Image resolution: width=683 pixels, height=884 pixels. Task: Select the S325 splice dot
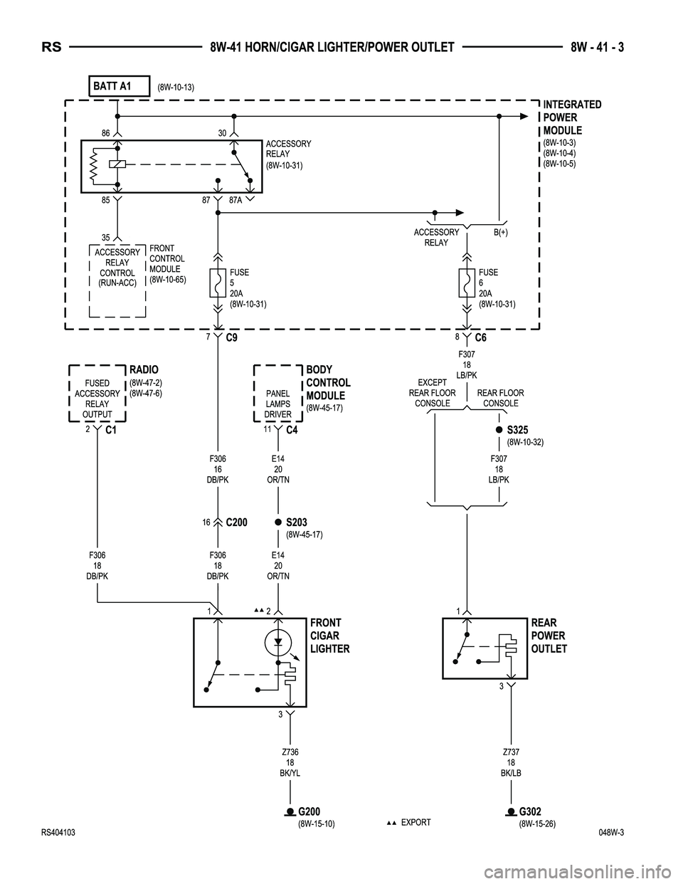(x=499, y=430)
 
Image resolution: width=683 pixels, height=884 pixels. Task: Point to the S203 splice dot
(x=278, y=522)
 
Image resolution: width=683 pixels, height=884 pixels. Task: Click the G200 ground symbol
(x=290, y=812)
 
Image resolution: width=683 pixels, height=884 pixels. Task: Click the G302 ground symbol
(x=510, y=812)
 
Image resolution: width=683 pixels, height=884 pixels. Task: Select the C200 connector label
(x=236, y=522)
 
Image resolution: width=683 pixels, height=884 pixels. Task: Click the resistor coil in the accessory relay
(x=92, y=165)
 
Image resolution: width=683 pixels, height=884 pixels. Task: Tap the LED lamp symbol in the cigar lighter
(x=278, y=642)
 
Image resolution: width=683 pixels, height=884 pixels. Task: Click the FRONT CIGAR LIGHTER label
(x=329, y=636)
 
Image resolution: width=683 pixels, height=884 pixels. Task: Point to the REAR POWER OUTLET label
(x=549, y=636)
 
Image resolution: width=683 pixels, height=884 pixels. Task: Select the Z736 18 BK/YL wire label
(x=290, y=760)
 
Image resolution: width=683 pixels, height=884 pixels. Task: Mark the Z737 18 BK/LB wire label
(x=510, y=760)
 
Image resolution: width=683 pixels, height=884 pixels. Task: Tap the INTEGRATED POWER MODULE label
(x=572, y=117)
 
